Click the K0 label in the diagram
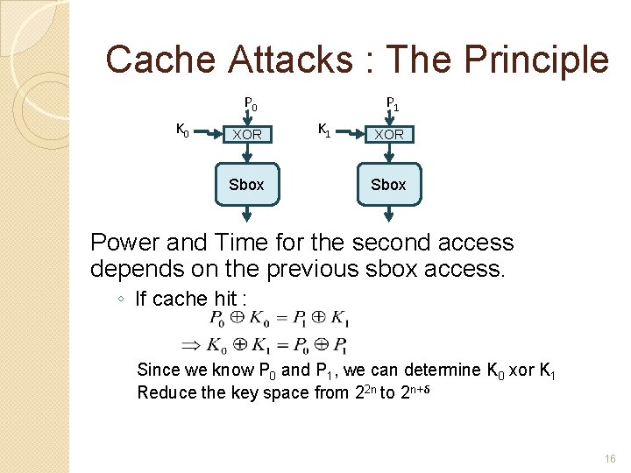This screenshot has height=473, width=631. [x=183, y=131]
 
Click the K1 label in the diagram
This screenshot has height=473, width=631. [x=323, y=131]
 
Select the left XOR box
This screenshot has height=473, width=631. [x=246, y=135]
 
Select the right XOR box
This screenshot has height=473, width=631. [x=389, y=135]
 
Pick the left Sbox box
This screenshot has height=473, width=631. [x=246, y=184]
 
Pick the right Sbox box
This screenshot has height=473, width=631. [x=388, y=184]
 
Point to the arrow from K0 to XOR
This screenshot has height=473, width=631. [x=207, y=135]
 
